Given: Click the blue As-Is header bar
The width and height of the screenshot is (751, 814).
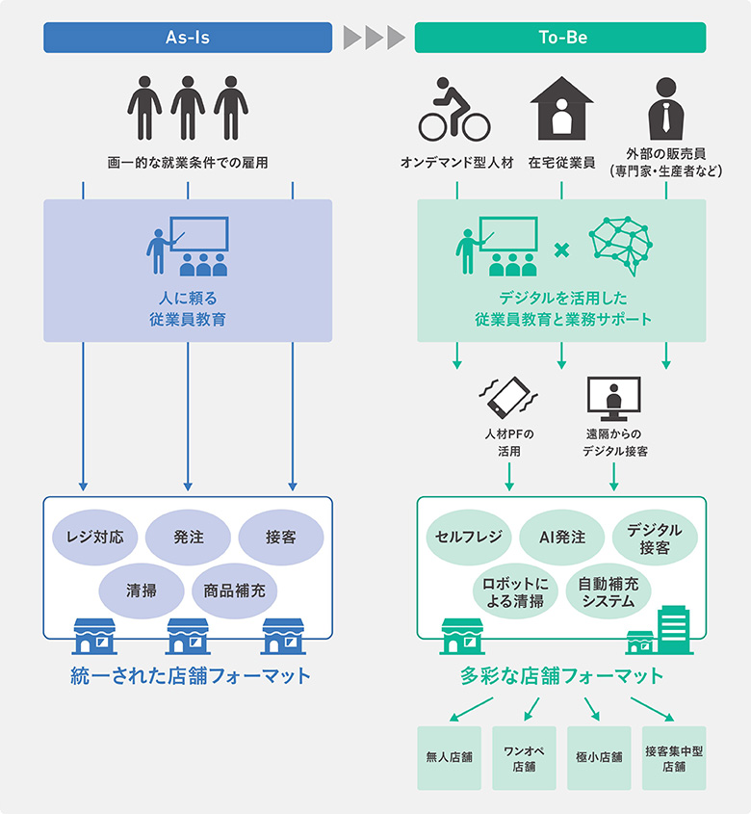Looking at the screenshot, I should click(x=188, y=38).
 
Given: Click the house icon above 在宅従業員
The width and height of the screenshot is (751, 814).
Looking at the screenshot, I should click(x=561, y=108).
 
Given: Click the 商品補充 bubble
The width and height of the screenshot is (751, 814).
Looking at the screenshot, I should click(x=234, y=591).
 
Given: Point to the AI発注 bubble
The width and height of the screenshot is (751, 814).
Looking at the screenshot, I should click(x=561, y=537).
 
